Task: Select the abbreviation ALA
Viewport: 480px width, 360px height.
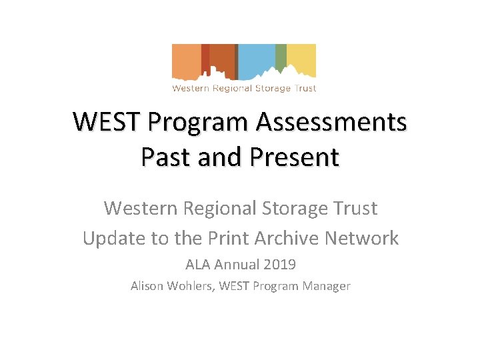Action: point(198,265)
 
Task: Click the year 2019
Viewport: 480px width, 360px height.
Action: point(279,265)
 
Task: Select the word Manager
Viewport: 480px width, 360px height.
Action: point(325,286)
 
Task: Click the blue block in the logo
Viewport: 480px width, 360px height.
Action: point(257,57)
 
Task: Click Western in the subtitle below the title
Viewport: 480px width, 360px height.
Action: point(141,208)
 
